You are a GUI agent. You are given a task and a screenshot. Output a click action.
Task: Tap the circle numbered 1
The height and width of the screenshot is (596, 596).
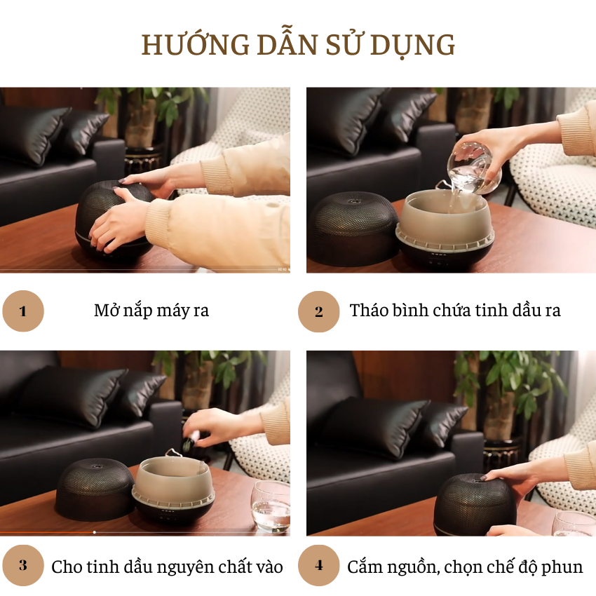(23, 311)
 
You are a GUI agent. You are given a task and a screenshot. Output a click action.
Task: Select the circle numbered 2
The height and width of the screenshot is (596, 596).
(319, 311)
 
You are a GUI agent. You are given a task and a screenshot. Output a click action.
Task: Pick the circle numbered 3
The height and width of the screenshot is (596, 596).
(23, 565)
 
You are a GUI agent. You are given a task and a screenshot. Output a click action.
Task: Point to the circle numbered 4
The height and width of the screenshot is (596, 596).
(319, 565)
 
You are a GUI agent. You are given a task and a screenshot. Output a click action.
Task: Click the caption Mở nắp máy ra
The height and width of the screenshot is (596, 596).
(151, 311)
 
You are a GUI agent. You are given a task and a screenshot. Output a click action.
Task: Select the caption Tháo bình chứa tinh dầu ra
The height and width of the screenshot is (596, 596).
(455, 311)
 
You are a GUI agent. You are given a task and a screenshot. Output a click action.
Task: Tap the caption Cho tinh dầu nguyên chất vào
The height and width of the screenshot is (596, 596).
(167, 567)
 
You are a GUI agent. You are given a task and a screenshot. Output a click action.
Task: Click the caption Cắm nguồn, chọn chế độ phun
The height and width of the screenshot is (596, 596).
(465, 567)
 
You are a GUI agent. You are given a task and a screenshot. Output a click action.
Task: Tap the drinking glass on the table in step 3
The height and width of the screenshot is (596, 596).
(271, 506)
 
